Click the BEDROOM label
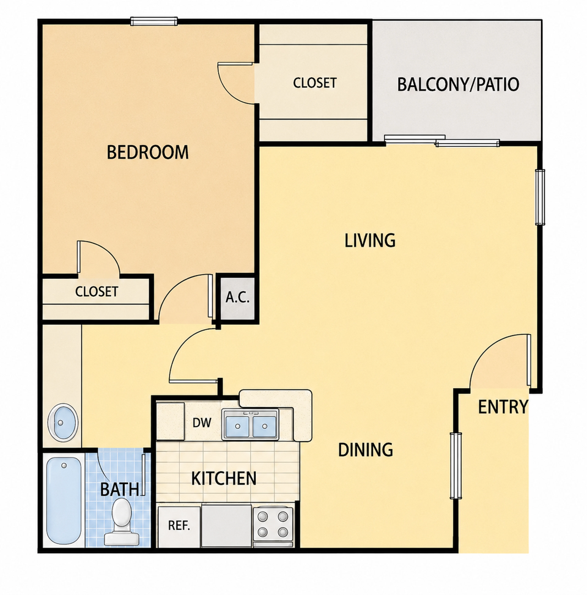pyautogui.click(x=148, y=152)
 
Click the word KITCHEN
pyautogui.click(x=224, y=478)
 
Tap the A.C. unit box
pyautogui.click(x=237, y=298)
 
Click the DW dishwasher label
pyautogui.click(x=202, y=423)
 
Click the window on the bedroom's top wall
pyautogui.click(x=154, y=21)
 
